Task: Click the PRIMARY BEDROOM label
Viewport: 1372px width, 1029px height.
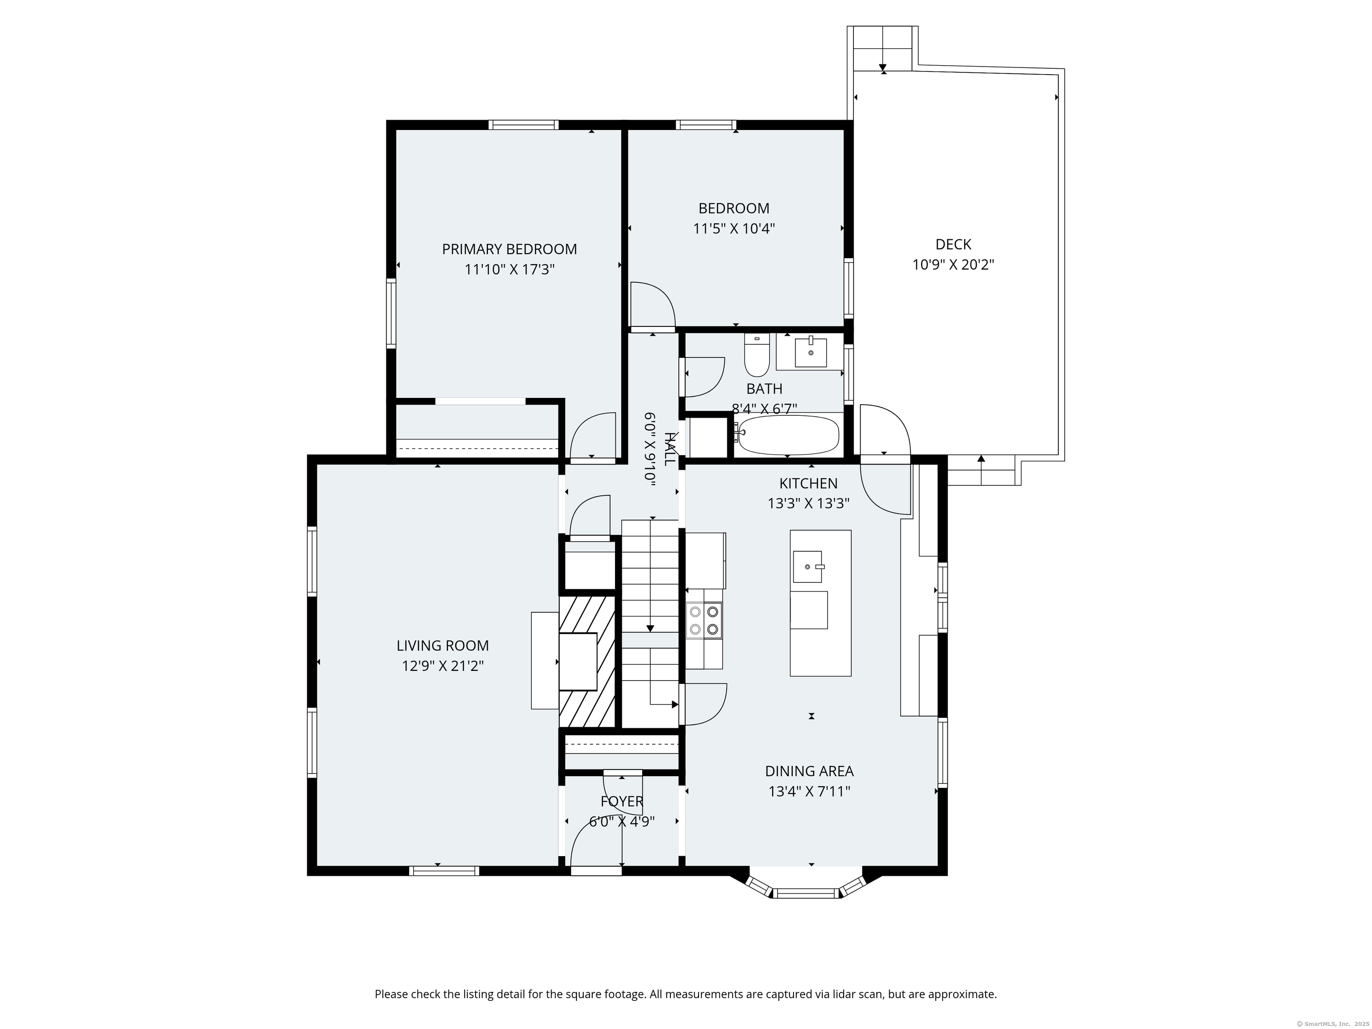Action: pos(509,249)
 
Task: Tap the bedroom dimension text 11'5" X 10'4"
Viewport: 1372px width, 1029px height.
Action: pos(734,229)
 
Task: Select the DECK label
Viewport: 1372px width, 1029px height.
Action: pos(954,244)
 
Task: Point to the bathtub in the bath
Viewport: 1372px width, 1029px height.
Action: pos(788,435)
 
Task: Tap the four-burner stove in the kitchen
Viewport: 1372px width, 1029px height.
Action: pos(704,620)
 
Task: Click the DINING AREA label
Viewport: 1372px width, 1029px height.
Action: pos(809,771)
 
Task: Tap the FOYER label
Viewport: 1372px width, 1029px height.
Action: pos(622,801)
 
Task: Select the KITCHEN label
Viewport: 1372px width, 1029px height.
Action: pos(808,483)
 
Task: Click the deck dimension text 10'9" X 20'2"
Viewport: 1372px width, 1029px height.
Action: pos(954,265)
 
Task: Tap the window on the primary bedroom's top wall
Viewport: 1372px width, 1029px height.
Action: pos(523,125)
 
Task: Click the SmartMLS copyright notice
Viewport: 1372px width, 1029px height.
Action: pos(1334,1024)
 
